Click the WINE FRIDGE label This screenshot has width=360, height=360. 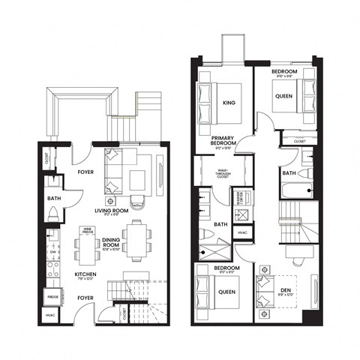coord(87,232)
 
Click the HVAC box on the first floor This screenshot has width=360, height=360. coord(51,316)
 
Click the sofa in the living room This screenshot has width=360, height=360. coord(113,172)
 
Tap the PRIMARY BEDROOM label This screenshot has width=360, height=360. coord(223,142)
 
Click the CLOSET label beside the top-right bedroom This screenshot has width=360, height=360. coord(299,139)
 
